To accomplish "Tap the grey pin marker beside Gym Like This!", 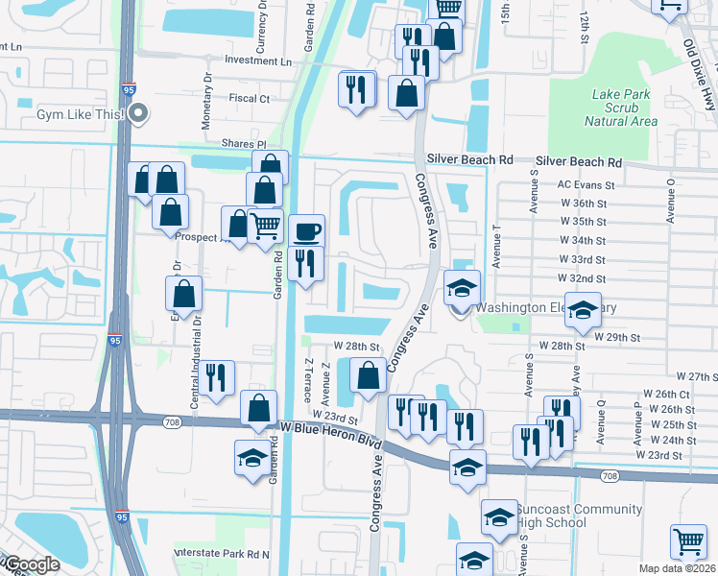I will click(x=139, y=113).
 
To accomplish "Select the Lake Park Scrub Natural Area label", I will click(x=624, y=108).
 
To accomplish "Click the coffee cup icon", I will click(x=307, y=231).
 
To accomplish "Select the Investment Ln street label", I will click(x=257, y=60).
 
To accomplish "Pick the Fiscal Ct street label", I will click(x=250, y=98).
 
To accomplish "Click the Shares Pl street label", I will click(x=247, y=144).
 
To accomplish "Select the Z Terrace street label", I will click(x=307, y=380).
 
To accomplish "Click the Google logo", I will click(x=31, y=564).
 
